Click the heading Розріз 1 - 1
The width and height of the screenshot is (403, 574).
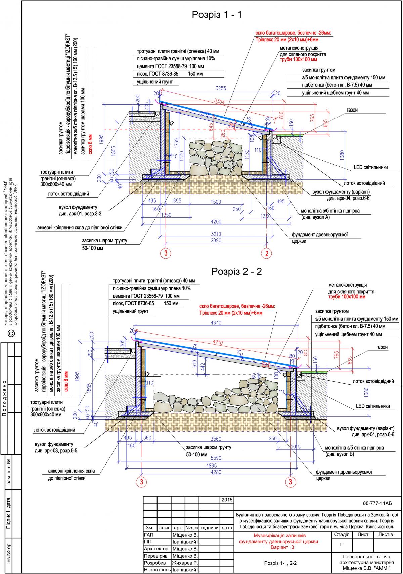tap(217, 14)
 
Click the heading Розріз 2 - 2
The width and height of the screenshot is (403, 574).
tap(236, 271)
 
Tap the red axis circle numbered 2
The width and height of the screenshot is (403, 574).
tap(267, 253)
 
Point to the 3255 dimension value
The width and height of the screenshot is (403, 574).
tap(221, 88)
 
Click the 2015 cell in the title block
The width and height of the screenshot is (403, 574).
tap(227, 500)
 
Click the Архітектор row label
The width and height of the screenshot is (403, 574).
tap(156, 548)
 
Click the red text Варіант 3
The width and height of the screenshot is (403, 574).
tap(282, 547)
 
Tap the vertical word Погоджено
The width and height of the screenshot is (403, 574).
tap(4, 398)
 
